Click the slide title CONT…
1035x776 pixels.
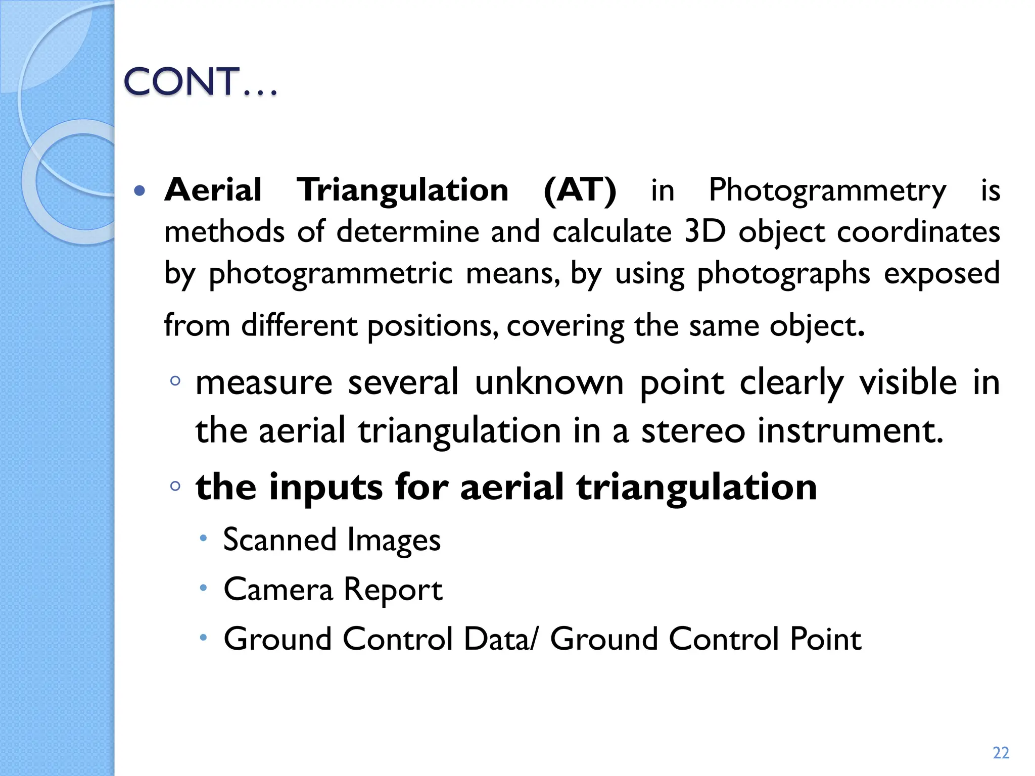pos(200,81)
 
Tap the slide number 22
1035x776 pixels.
pos(1001,753)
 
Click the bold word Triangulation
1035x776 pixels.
pos(402,190)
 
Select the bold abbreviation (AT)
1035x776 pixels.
pos(580,190)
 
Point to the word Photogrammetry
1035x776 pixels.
pos(827,191)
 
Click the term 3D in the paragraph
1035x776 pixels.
pos(704,232)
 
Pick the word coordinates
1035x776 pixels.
pos(918,232)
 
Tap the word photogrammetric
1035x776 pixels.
pos(331,274)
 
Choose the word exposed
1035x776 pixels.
pos(942,274)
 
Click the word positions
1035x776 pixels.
pos(432,326)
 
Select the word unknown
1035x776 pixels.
pos(549,382)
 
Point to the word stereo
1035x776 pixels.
pos(693,431)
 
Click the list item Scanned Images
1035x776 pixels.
pos(332,540)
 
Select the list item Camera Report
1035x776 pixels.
pos(333,589)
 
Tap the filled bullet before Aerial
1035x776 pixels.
pos(140,191)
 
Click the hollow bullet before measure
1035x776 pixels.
pos(175,381)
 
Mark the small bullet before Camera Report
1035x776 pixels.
pos(203,588)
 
